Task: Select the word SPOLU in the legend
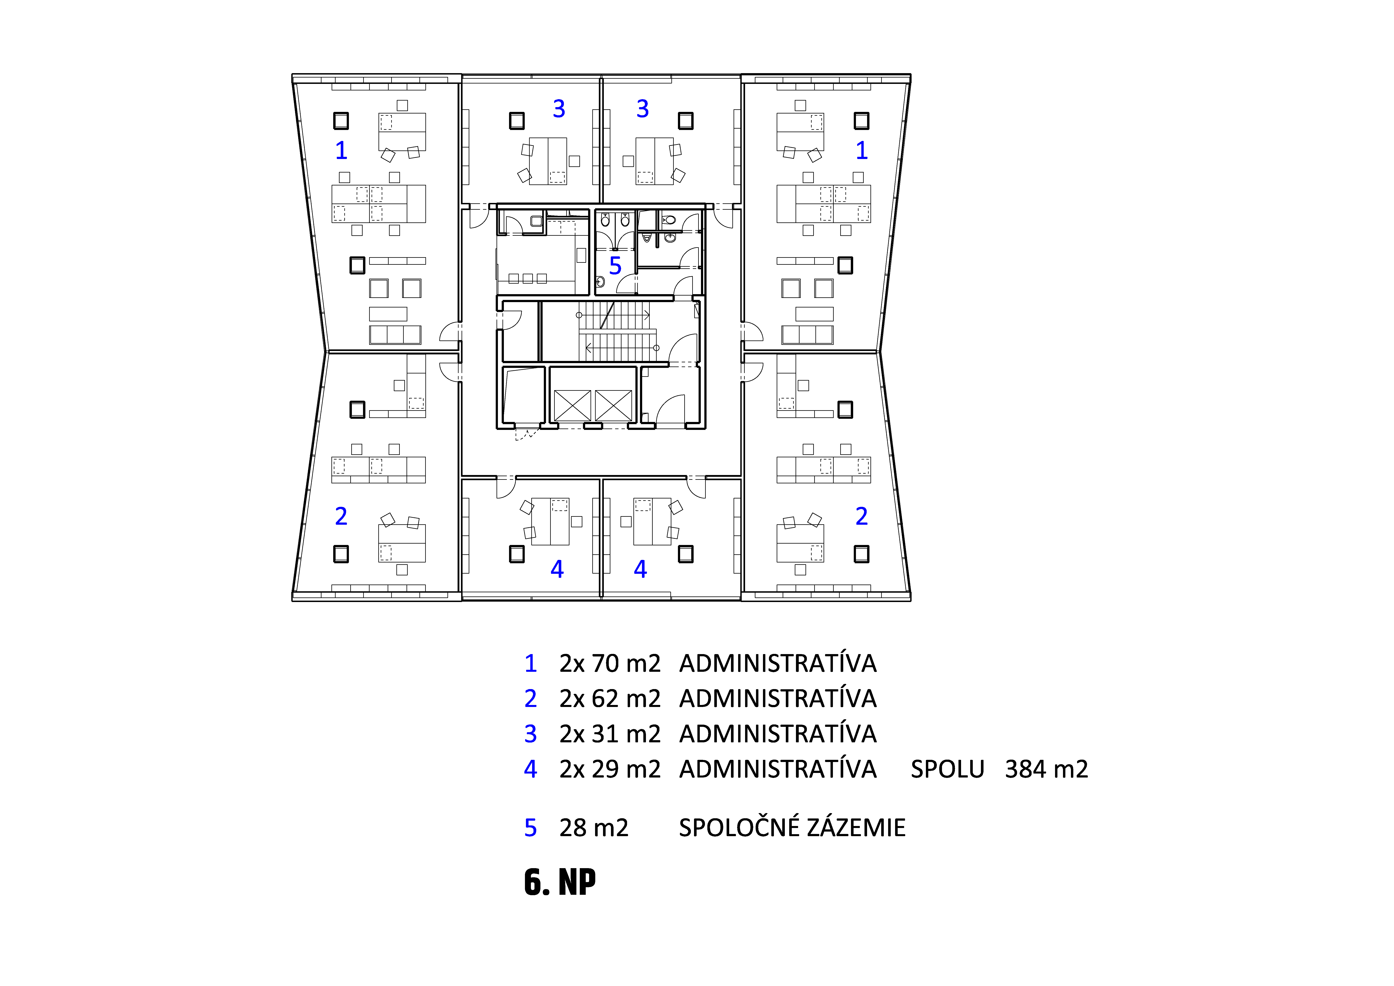click(x=947, y=769)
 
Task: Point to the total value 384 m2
click(x=1046, y=769)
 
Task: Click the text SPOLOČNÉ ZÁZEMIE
click(x=792, y=827)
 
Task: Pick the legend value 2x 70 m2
click(x=610, y=663)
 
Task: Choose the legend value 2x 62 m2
click(x=610, y=699)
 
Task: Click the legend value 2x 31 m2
click(x=610, y=734)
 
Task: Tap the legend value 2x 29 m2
click(x=610, y=769)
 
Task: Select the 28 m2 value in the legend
click(x=594, y=827)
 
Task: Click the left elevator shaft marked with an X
click(x=573, y=405)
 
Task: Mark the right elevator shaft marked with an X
click(x=613, y=405)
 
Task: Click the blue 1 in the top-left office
click(x=341, y=150)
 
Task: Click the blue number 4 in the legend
click(x=531, y=769)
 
